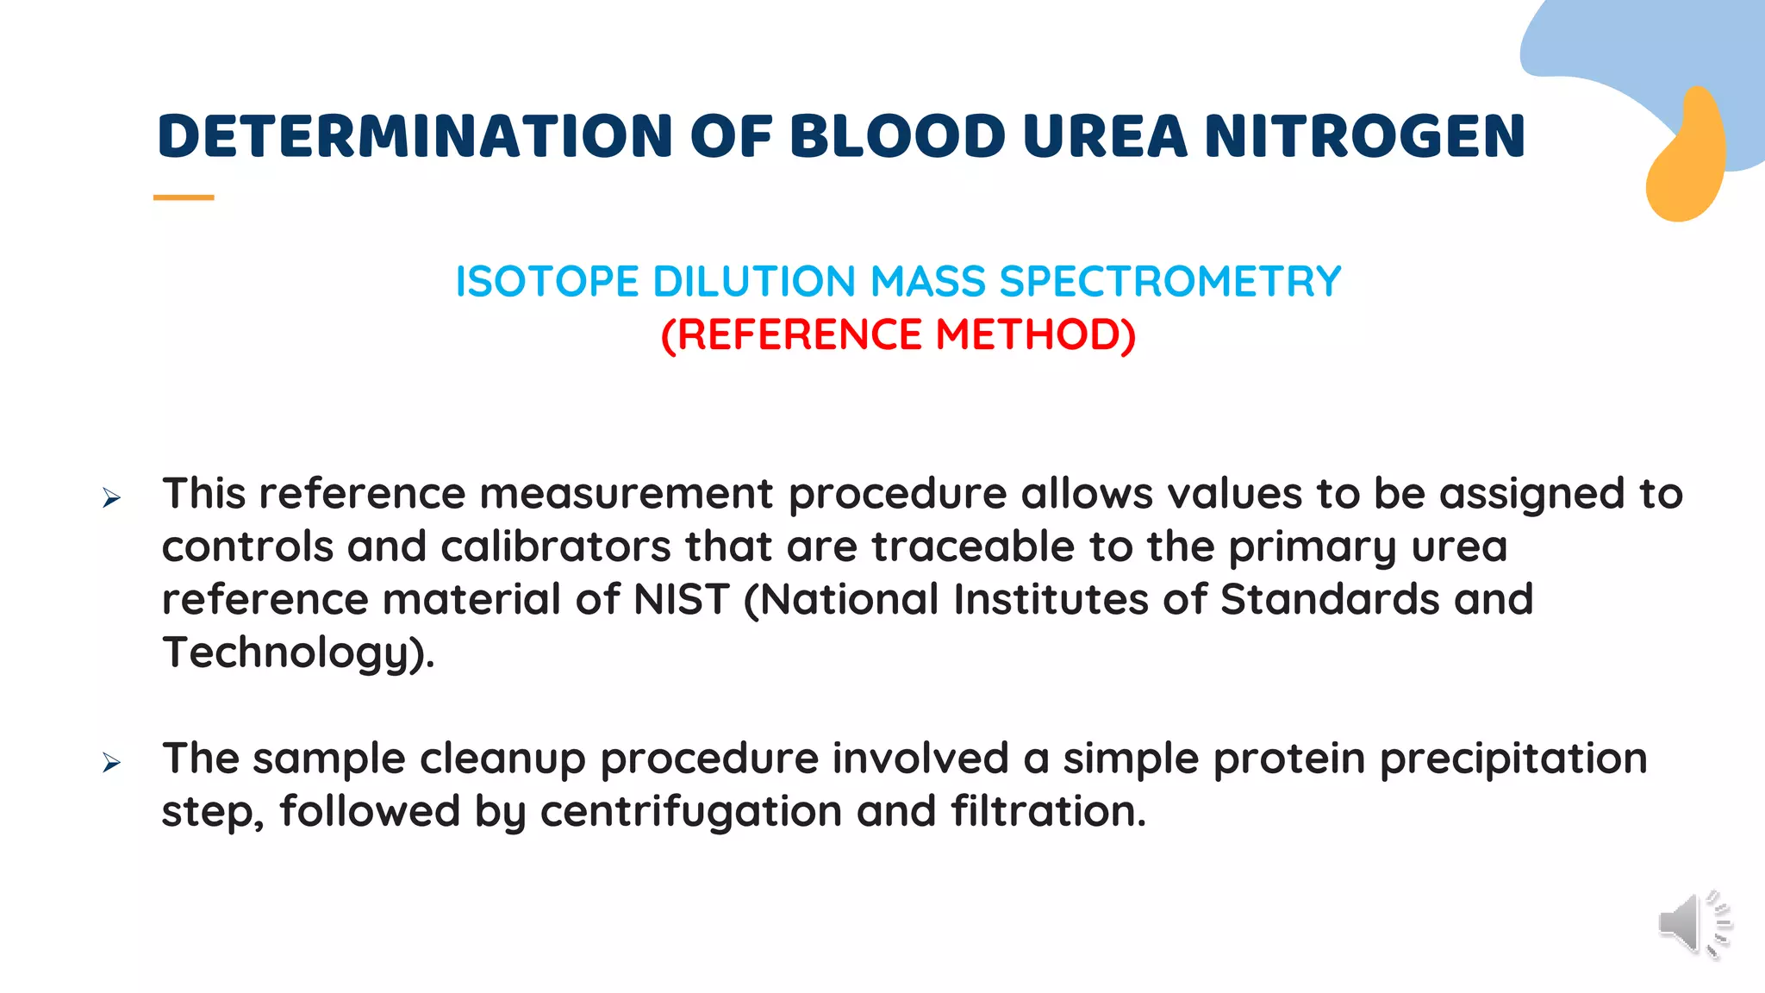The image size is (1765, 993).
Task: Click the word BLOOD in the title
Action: tap(897, 136)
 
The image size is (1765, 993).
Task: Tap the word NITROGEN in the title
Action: tap(1364, 136)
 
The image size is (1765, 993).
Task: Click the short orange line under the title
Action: tap(184, 197)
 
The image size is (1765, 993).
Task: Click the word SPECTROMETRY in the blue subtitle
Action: tap(1170, 282)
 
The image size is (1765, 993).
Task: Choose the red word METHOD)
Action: tap(1035, 334)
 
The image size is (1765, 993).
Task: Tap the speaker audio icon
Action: tap(1693, 925)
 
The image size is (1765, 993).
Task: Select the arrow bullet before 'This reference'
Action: tap(111, 497)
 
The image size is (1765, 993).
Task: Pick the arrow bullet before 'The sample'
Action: tap(111, 762)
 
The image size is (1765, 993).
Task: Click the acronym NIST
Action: tap(681, 599)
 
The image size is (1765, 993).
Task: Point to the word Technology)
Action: tap(298, 653)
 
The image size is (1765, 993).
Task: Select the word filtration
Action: tap(1048, 811)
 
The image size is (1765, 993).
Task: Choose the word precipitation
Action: tap(1513, 759)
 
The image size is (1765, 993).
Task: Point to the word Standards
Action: tap(1329, 599)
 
